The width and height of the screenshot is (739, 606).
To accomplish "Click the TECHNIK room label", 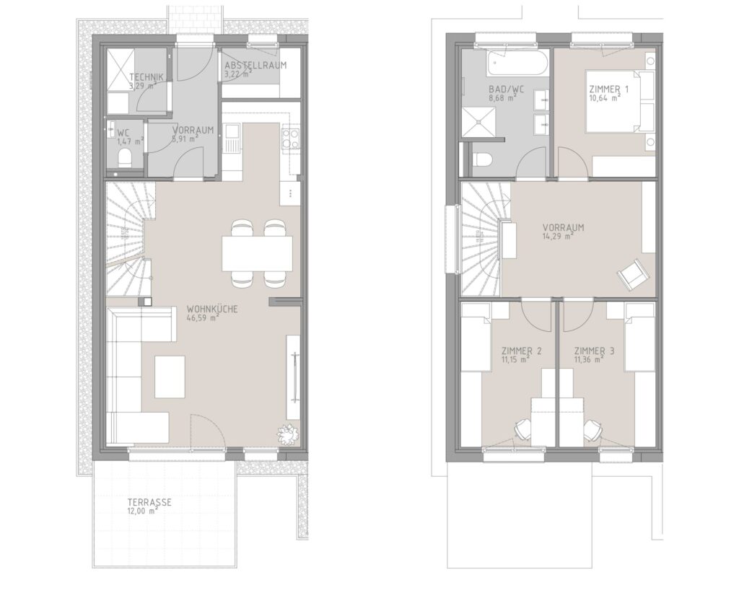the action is pos(146,77).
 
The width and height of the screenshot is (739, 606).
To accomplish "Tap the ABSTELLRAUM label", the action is pos(255,66).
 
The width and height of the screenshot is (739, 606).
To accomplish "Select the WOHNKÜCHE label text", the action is pos(212,309).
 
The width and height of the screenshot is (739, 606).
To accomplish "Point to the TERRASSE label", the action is pos(149,502).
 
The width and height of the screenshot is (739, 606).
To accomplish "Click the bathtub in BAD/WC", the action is pos(517,63).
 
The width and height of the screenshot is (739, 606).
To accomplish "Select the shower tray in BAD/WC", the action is pos(479,122).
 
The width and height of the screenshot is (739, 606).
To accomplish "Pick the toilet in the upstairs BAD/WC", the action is pos(481,159).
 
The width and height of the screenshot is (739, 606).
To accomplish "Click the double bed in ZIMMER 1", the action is pos(620,101).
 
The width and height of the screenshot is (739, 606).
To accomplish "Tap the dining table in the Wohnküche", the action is pos(258,253).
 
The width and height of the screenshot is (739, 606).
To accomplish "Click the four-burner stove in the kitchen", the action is pos(290,138).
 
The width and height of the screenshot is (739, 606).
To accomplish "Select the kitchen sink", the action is pos(232,137).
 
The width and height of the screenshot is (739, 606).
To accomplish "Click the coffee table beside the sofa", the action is pos(170,377).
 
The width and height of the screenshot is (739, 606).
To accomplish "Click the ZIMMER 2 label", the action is pos(521,351).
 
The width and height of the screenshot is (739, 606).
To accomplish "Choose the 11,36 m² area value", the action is pos(590,359).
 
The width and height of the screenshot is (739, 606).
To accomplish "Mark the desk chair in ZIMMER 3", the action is pos(593,429).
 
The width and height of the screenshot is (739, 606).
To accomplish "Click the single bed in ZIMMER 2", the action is pos(476,338).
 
